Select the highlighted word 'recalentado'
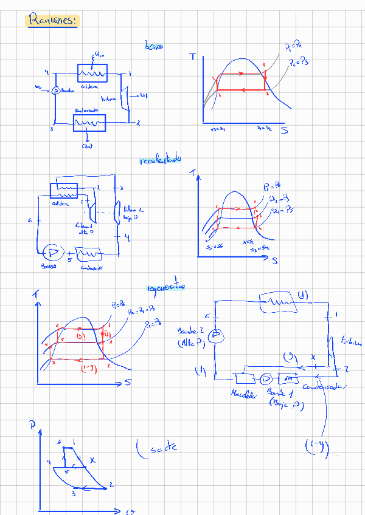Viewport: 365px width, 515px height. (x=161, y=160)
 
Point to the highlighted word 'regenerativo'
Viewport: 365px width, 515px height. (x=165, y=287)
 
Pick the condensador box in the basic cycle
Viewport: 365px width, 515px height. (x=89, y=124)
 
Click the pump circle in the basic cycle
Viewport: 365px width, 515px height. (x=55, y=90)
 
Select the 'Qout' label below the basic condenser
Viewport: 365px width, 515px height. (x=86, y=146)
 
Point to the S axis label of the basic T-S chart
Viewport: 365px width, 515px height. (x=284, y=130)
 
